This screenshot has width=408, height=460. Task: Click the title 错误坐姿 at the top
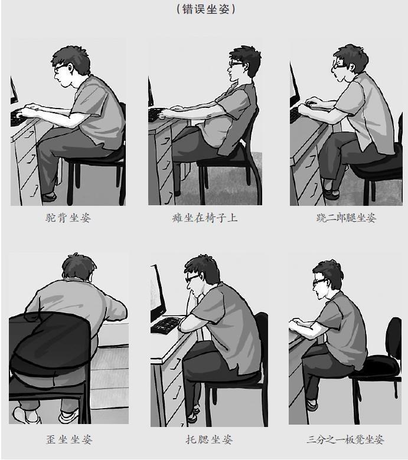[205, 9]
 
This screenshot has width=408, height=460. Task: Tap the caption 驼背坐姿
[68, 218]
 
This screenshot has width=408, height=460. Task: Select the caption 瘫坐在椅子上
[205, 218]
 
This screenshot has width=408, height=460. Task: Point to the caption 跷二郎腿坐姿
[346, 218]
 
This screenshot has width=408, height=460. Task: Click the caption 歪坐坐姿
[69, 439]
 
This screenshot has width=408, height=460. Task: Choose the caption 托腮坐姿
[209, 439]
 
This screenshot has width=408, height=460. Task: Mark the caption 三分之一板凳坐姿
[345, 439]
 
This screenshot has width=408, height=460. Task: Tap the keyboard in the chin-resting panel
[165, 325]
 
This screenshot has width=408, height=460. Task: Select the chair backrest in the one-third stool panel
[394, 340]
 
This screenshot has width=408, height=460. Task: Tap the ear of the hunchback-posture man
[70, 68]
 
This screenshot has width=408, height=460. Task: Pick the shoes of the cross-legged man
[331, 191]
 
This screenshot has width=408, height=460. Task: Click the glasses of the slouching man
[236, 64]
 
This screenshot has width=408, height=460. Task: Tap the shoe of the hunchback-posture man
[49, 196]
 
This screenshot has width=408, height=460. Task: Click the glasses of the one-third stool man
[319, 281]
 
